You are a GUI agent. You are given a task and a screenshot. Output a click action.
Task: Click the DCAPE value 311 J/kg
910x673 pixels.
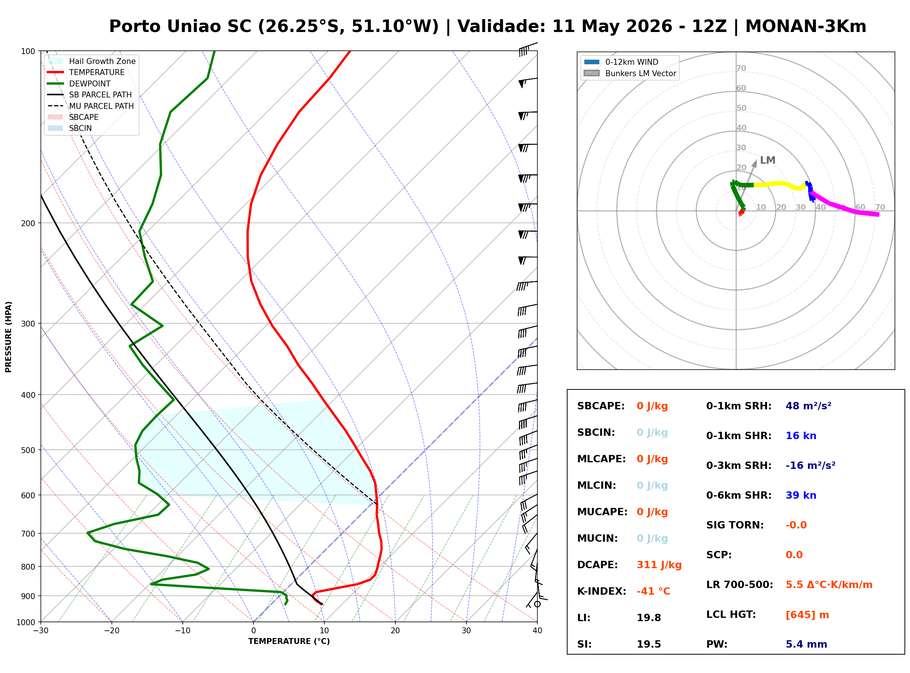coord(659,565)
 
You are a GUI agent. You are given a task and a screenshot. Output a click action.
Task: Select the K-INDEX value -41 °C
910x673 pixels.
coord(653,591)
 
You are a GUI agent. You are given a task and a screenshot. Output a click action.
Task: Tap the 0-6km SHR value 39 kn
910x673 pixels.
coord(801,495)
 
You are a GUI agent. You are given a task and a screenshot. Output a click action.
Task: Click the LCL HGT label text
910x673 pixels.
coord(731,615)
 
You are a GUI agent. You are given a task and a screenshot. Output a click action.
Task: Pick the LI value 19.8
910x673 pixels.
coord(649,618)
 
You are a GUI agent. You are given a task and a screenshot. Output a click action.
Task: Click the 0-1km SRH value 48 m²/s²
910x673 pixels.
coord(808,406)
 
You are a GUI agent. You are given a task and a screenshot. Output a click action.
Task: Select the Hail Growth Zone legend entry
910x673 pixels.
coord(92,61)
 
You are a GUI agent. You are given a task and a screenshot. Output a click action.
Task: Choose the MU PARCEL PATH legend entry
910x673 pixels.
coord(91,106)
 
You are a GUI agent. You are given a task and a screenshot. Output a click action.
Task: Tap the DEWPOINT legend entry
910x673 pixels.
coord(79,83)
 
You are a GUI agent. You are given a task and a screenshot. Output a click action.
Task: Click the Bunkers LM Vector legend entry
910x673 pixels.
coord(630,73)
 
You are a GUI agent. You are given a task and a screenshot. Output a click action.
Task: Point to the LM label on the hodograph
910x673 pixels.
coord(767,160)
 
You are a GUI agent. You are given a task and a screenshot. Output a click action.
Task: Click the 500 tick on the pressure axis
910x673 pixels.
coord(28,450)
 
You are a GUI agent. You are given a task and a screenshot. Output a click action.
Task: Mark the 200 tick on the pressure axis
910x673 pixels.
coord(28,223)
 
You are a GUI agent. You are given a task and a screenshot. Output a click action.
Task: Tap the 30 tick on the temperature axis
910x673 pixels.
coord(466,631)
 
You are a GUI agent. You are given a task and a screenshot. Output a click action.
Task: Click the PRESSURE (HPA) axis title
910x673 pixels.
coord(8,337)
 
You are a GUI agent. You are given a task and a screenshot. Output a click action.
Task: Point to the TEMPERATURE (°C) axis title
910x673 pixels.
coord(289,642)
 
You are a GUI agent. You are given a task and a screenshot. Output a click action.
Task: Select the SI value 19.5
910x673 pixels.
coord(649,644)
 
